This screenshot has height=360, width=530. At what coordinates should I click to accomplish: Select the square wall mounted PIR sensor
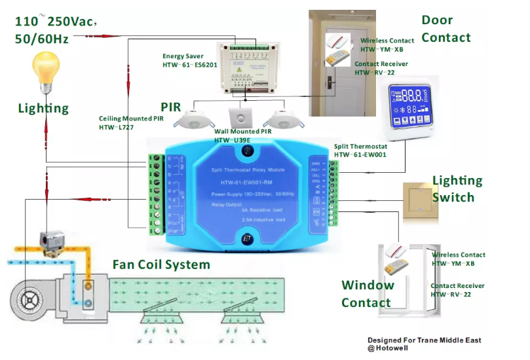(x=244, y=118)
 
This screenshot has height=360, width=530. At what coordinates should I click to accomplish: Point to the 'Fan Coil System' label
(x=161, y=265)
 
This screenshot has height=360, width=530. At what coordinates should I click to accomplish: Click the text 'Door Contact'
(x=445, y=29)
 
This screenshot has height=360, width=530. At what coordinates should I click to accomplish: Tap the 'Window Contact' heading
(x=368, y=294)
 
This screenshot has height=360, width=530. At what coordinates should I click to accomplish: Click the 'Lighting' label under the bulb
(x=43, y=109)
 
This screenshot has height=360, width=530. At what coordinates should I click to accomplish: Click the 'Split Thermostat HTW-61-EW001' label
(x=360, y=151)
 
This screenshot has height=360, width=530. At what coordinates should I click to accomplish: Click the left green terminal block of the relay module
(x=155, y=194)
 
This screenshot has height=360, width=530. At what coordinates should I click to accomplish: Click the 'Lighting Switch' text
(x=457, y=189)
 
